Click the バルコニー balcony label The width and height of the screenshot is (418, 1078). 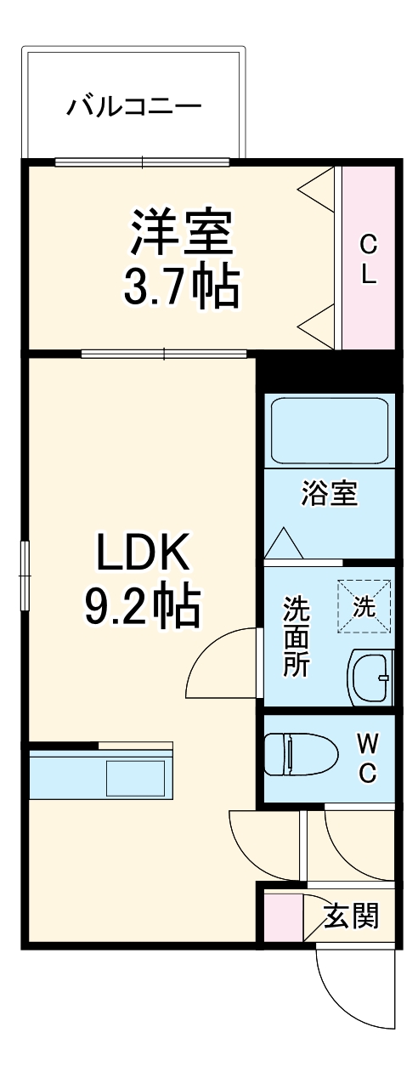click(x=134, y=107)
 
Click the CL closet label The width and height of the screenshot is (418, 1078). click(x=368, y=259)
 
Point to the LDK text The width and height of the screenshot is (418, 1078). click(x=142, y=555)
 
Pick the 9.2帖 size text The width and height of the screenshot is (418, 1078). click(x=142, y=606)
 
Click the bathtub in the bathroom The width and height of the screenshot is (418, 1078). click(x=329, y=431)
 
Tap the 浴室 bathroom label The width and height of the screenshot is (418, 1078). click(x=329, y=493)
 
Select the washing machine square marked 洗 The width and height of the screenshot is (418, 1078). click(x=364, y=607)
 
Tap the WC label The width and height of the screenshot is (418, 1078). click(x=367, y=758)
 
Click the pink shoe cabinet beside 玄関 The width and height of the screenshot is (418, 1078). click(x=283, y=916)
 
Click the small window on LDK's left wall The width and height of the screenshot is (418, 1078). click(x=25, y=570)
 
